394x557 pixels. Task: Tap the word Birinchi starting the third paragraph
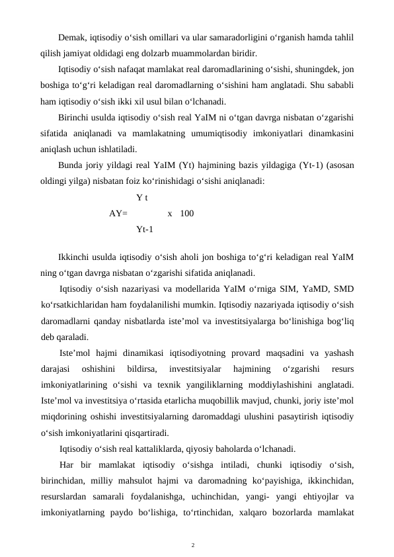75,118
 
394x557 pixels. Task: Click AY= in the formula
119,213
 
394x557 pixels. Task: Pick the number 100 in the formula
187,213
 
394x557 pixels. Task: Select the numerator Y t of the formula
141,197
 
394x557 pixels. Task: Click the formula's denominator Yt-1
145,230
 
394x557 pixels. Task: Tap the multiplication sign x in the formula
171,213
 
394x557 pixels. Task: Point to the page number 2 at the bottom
193,545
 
